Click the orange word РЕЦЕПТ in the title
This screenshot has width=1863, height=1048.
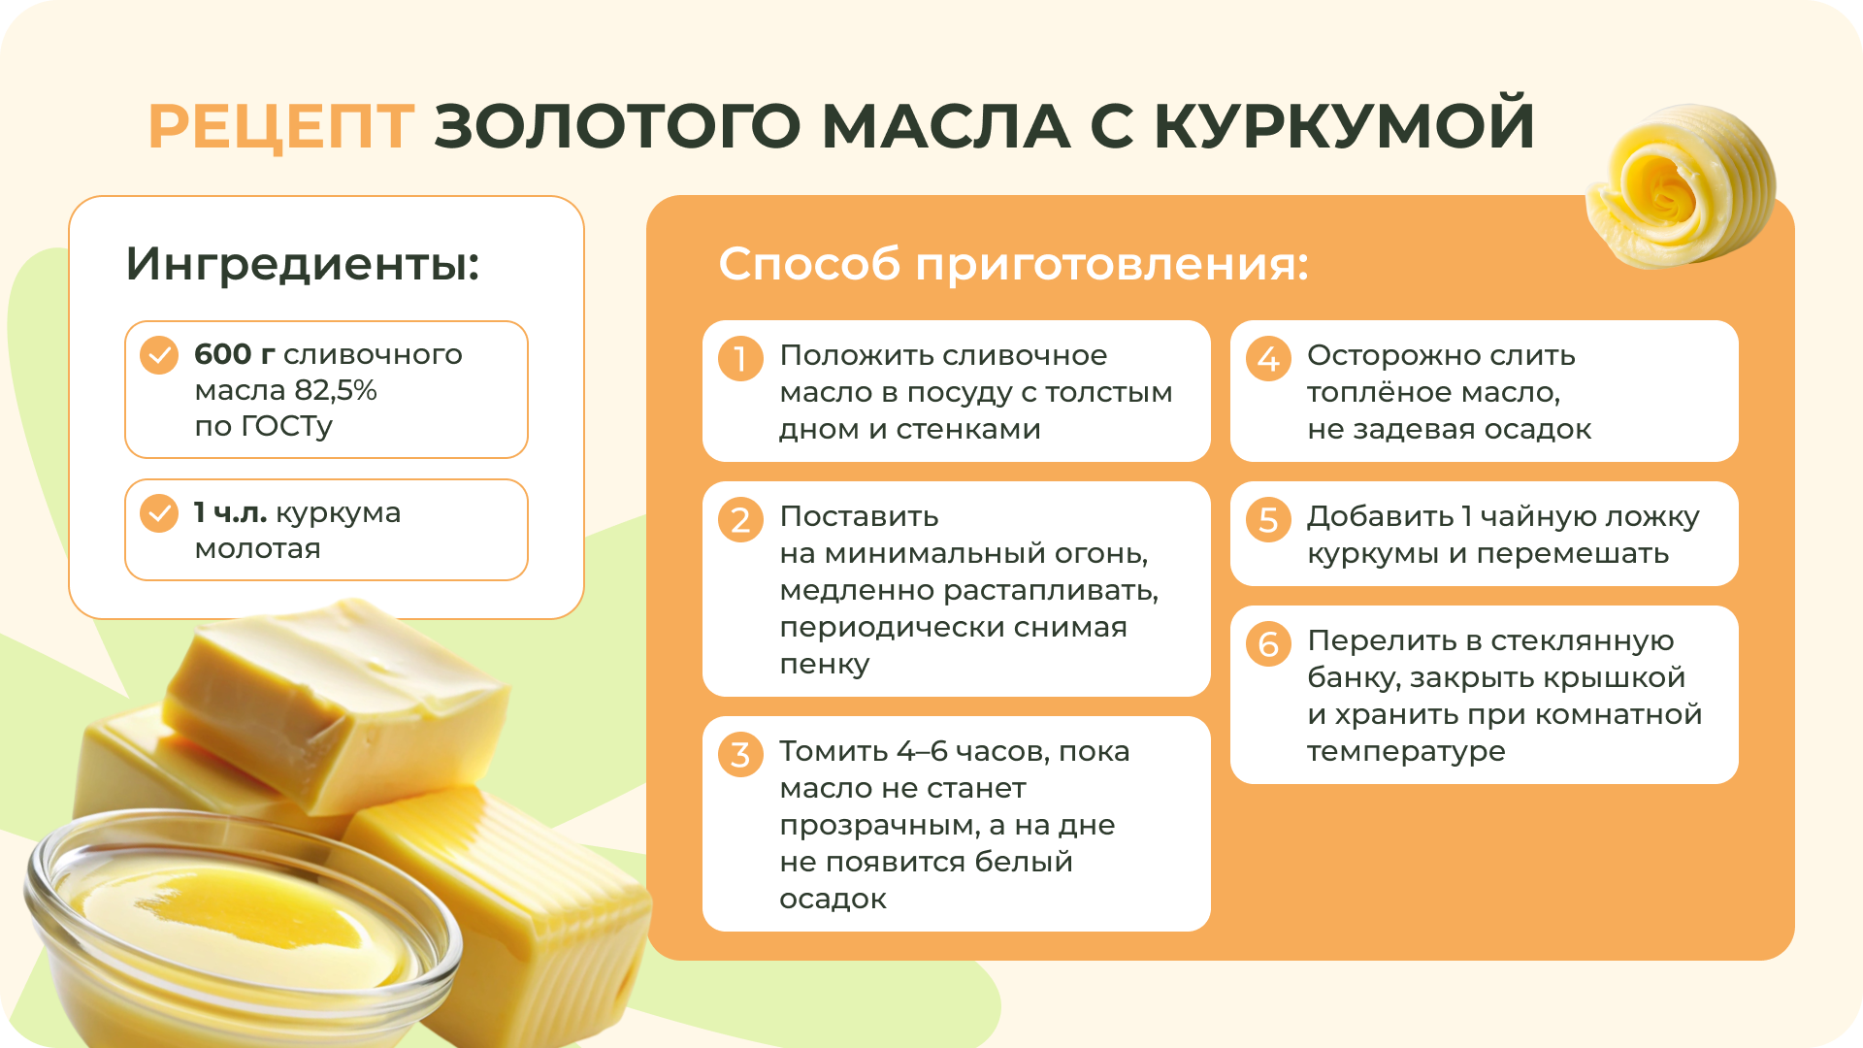281,126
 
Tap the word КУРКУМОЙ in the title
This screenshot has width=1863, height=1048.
1344,125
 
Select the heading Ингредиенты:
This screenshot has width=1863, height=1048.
303,264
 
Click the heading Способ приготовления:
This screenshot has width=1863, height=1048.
1014,264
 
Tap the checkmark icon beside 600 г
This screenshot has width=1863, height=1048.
159,355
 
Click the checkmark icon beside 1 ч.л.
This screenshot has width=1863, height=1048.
159,513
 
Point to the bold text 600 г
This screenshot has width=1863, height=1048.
235,354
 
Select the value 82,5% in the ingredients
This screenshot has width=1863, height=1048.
335,390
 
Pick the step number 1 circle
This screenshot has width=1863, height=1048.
740,358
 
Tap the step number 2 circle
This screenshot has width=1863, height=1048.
740,519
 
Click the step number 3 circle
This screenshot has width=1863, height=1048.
740,754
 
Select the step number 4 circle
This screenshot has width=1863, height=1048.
1268,358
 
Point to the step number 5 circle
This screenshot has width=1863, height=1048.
1268,519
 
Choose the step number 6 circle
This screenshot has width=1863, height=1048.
1268,643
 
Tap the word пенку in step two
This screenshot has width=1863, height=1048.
825,665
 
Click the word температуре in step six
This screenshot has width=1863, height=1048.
1406,752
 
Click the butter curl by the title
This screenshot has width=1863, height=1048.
1681,186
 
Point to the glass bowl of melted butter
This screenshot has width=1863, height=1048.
243,922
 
